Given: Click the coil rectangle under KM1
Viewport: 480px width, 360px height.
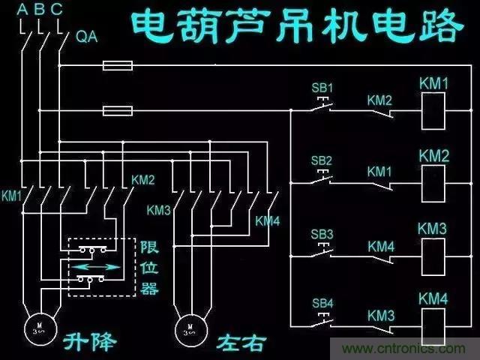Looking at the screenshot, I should [433, 111].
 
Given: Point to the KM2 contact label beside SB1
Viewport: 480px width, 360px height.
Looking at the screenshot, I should [379, 100].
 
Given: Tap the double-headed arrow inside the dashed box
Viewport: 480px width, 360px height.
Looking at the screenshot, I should [94, 266].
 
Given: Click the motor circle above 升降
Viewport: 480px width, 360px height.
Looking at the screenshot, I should [37, 325].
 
